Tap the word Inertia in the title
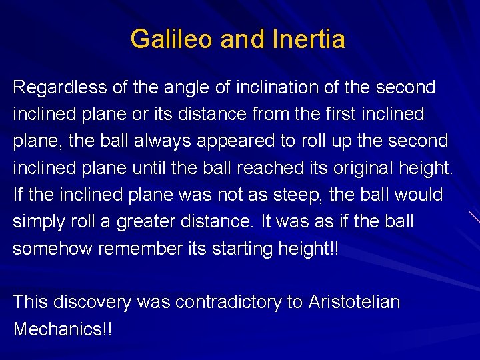309,39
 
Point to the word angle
183,87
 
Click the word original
358,168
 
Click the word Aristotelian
354,302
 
